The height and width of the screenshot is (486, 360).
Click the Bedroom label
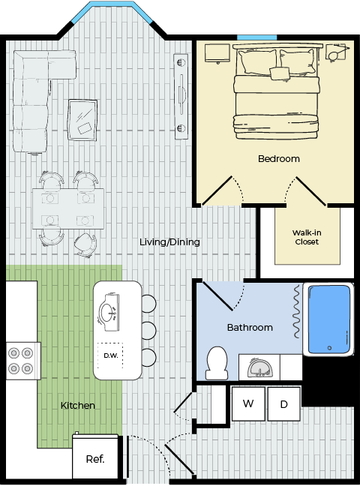click(279, 159)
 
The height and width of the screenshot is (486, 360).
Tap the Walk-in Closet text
click(307, 237)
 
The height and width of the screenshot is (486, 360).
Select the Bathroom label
click(250, 327)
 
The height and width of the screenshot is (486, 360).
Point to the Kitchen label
click(78, 406)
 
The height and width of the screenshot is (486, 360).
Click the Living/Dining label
click(169, 241)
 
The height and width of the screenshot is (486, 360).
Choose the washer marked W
click(248, 403)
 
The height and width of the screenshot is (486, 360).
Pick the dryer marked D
click(284, 403)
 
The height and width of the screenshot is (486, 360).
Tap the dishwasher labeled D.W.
click(110, 355)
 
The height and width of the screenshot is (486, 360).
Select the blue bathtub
click(329, 319)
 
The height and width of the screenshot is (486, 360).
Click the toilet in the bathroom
click(217, 363)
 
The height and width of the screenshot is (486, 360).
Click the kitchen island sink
click(109, 313)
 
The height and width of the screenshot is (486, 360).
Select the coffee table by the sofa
click(82, 120)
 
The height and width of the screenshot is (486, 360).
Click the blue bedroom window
click(256, 37)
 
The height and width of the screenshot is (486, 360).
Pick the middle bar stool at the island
click(148, 331)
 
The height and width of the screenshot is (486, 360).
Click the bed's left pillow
click(256, 61)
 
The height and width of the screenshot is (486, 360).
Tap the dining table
click(68, 208)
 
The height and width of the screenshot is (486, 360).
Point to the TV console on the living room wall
click(181, 97)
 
